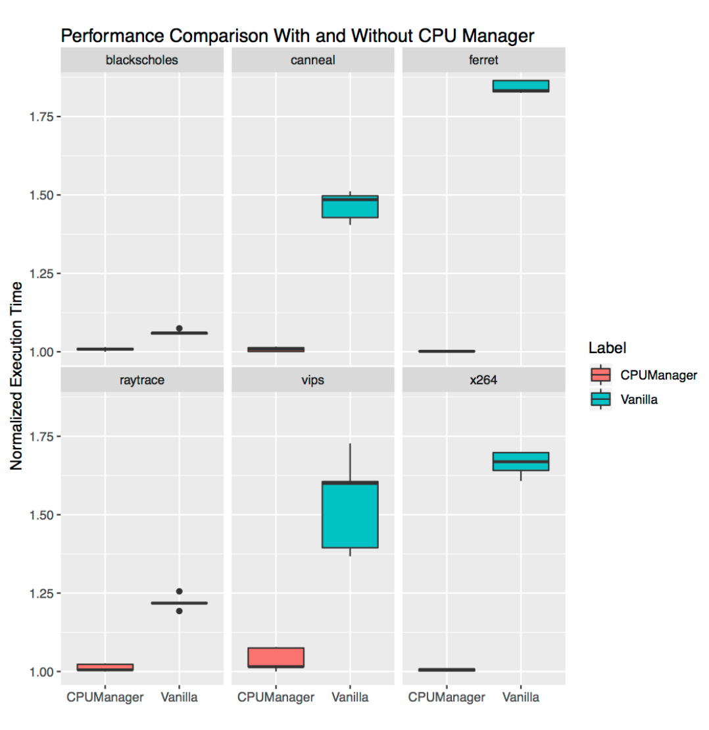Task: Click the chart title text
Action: (297, 36)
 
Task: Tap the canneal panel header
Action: (312, 61)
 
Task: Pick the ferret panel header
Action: (483, 61)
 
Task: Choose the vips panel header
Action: (312, 379)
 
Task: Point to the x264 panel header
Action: (483, 379)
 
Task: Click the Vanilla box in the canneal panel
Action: (350, 207)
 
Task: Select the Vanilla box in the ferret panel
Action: (521, 86)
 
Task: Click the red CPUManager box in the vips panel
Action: (276, 657)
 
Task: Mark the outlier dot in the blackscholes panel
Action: (179, 328)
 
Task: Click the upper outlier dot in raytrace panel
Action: (179, 591)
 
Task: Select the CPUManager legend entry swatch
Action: (600, 374)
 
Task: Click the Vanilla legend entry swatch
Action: (600, 399)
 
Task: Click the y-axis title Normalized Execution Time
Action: (17, 376)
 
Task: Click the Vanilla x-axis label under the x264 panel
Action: (521, 697)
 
